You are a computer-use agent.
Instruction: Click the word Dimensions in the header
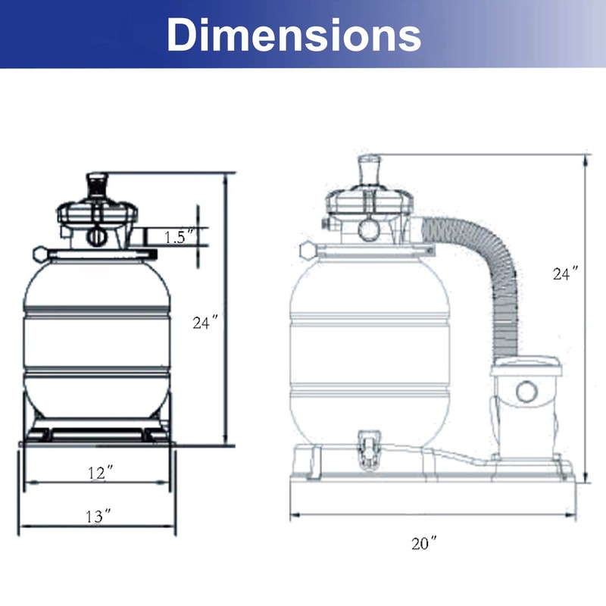pos(294,35)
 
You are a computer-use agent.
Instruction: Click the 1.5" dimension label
pos(179,237)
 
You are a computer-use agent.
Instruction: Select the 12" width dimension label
pos(101,473)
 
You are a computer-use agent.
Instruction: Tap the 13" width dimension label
pos(98,516)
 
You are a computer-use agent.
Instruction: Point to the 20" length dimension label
pos(424,543)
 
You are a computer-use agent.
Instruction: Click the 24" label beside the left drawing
pos(205,323)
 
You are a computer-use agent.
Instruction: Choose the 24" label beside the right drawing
pos(565,273)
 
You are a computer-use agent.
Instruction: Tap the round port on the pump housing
pos(526,391)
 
